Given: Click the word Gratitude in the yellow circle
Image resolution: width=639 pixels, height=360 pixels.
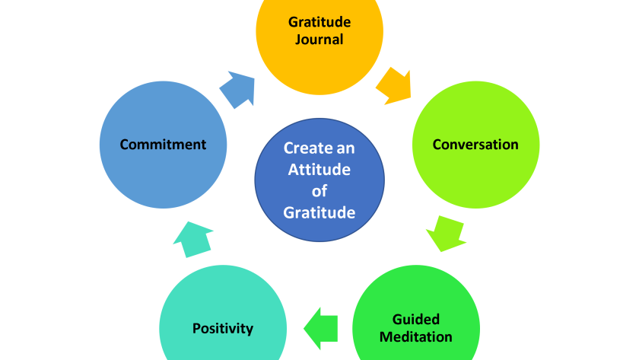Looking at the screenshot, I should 319,22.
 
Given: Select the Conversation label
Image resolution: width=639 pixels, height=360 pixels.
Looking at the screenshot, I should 475,144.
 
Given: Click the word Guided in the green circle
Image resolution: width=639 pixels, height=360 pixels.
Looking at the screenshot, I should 415,320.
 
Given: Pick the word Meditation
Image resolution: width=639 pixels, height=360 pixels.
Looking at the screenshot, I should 415,336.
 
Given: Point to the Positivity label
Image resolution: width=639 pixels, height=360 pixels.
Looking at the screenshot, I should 222,329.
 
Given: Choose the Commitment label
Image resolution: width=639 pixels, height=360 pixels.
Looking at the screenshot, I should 163,144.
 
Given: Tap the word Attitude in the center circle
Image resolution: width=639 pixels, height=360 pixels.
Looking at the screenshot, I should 319,170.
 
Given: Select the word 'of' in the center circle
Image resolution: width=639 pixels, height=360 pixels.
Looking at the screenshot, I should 319,191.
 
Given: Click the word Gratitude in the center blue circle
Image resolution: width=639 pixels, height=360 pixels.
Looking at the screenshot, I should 319,212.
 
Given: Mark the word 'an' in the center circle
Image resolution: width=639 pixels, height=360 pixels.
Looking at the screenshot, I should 344,148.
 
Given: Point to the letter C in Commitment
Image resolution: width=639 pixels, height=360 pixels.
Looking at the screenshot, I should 124,144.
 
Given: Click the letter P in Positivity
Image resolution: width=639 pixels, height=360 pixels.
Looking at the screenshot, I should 196,329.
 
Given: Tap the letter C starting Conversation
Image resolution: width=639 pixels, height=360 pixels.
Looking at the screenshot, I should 437,144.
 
